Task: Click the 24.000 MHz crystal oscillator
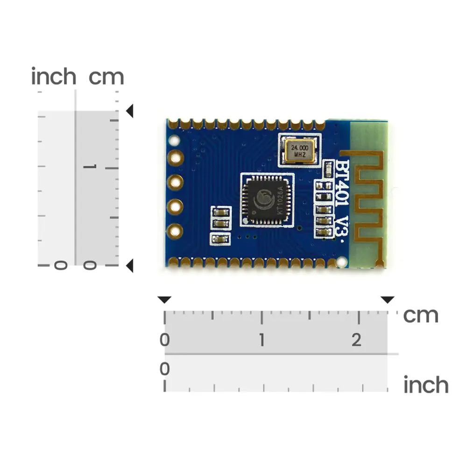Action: (x=300, y=151)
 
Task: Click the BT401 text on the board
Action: (x=342, y=183)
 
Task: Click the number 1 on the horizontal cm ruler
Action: (x=262, y=340)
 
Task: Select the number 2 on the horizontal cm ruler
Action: (x=356, y=340)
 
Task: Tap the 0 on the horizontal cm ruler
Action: (x=165, y=340)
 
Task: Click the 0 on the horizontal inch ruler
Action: (x=165, y=369)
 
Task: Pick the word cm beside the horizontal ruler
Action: (x=421, y=316)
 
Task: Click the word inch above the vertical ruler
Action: (x=54, y=76)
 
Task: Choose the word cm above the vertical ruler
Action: (x=106, y=78)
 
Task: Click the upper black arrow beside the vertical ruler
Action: (x=129, y=111)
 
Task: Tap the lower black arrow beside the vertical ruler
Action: (x=129, y=266)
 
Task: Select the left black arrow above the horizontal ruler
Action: (x=164, y=300)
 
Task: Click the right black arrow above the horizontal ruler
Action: (x=388, y=300)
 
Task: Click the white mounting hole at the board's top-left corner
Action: (x=174, y=140)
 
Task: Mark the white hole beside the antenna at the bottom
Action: (x=342, y=262)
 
